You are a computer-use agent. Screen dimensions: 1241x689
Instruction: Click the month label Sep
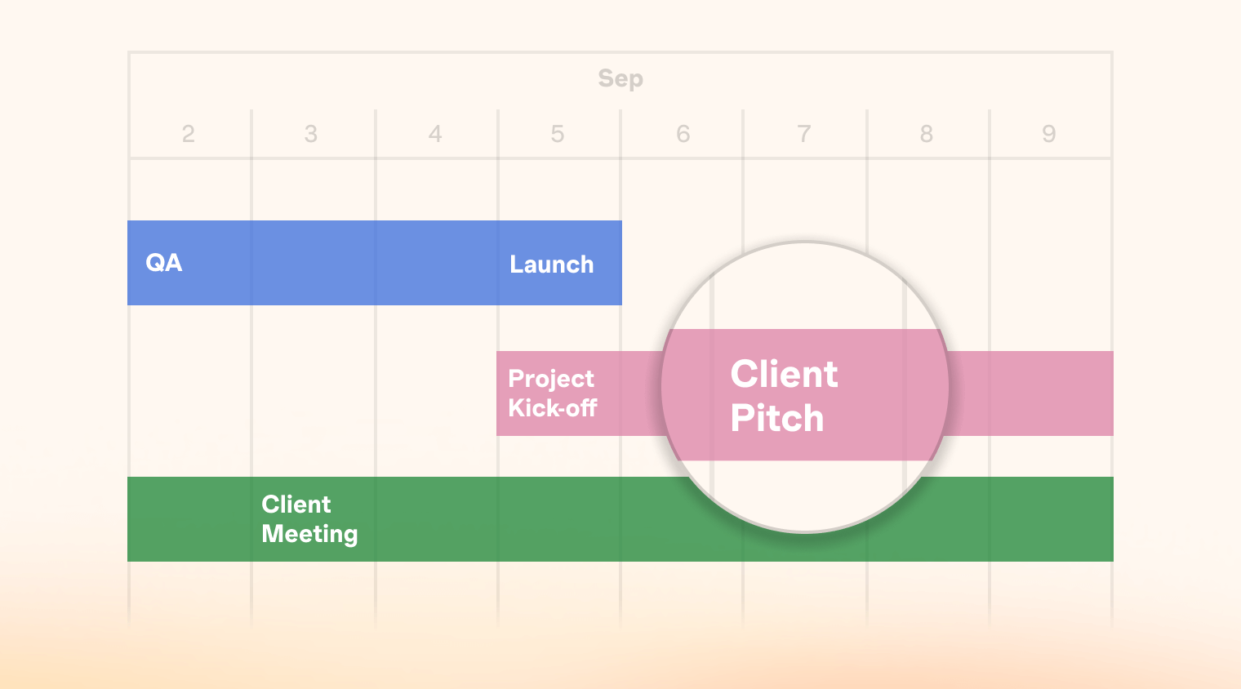click(620, 78)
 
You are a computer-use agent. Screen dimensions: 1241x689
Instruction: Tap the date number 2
click(189, 134)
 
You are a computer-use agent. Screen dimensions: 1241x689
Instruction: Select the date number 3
click(311, 134)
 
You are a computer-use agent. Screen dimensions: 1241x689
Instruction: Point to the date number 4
click(435, 134)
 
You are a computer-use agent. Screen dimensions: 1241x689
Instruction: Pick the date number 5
click(558, 134)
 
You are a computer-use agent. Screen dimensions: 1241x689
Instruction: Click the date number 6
click(683, 134)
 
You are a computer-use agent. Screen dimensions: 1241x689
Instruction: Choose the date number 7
click(804, 134)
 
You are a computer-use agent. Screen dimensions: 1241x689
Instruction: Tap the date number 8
click(927, 134)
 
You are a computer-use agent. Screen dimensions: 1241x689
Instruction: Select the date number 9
click(1049, 134)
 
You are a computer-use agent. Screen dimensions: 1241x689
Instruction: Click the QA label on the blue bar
click(163, 263)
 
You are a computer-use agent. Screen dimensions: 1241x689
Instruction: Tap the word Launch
click(551, 264)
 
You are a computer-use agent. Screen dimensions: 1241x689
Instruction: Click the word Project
click(550, 380)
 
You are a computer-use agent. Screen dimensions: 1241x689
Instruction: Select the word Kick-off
click(553, 408)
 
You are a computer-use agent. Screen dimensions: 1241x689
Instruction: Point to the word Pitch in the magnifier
click(776, 418)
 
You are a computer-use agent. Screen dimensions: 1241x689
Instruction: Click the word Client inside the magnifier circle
click(784, 374)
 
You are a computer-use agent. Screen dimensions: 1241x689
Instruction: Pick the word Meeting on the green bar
click(309, 534)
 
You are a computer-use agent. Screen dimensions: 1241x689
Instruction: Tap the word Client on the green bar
click(296, 505)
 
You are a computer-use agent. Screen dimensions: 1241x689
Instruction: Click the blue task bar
click(375, 263)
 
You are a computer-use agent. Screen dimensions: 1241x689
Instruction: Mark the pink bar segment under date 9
click(1052, 393)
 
